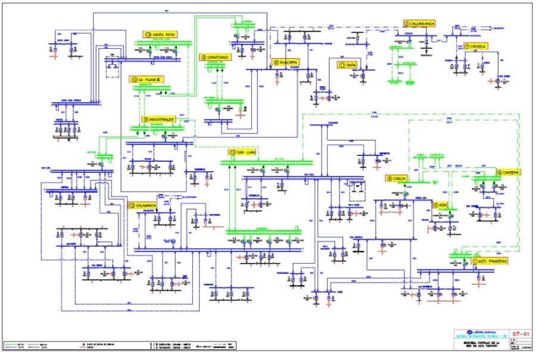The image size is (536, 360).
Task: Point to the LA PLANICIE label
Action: [x=147, y=79]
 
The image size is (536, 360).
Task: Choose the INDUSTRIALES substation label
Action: [x=160, y=119]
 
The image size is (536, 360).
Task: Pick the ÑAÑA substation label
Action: [x=348, y=64]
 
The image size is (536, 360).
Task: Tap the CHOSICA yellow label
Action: [x=476, y=46]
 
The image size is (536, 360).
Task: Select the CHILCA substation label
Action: [x=397, y=178]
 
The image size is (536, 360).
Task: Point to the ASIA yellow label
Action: [x=440, y=205]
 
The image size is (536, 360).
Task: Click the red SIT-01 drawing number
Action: [x=513, y=335]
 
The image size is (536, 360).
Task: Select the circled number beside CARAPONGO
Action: [x=204, y=57]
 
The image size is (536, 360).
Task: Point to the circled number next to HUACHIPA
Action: [x=276, y=62]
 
